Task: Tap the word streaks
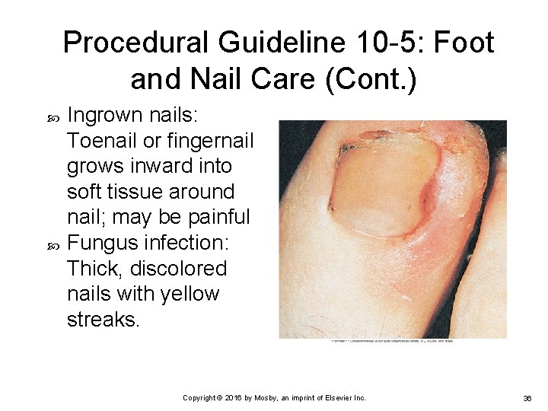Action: point(104,320)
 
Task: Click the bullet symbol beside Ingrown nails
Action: point(54,116)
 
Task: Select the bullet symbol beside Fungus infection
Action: point(54,244)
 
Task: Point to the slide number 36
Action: point(527,397)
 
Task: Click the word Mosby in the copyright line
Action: point(259,397)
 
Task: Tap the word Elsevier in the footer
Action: point(339,397)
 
